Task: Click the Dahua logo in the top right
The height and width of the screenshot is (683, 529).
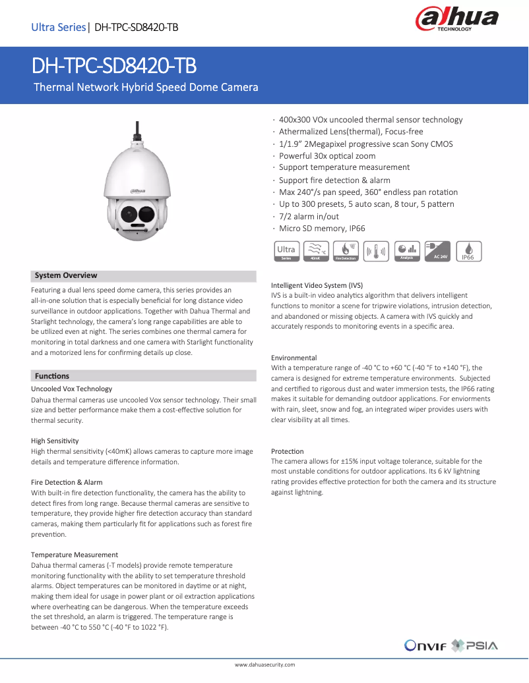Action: click(x=456, y=20)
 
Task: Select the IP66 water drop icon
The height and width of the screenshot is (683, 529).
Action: click(x=468, y=250)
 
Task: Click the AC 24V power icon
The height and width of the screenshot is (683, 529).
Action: click(x=437, y=250)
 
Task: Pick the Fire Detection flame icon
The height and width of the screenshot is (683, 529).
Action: click(x=346, y=250)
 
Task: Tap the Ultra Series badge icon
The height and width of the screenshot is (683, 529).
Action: click(x=286, y=250)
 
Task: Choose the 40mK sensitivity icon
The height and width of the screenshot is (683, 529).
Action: click(x=316, y=250)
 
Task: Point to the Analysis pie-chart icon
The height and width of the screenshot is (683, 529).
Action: click(x=407, y=250)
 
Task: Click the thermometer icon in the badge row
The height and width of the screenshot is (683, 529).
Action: click(x=376, y=250)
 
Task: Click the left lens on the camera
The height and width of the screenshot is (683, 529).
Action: click(x=128, y=213)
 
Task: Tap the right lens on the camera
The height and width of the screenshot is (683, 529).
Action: click(x=146, y=213)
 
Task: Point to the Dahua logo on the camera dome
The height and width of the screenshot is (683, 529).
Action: click(x=137, y=190)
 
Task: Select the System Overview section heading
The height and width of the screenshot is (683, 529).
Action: click(x=66, y=275)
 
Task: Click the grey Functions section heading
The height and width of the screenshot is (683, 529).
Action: click(x=52, y=376)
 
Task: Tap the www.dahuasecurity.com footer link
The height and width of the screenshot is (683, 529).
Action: click(x=264, y=665)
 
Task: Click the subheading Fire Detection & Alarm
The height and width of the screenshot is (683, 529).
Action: click(x=67, y=482)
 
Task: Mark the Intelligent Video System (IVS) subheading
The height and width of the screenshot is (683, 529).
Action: click(x=317, y=285)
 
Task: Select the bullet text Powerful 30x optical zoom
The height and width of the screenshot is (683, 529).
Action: click(x=327, y=156)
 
